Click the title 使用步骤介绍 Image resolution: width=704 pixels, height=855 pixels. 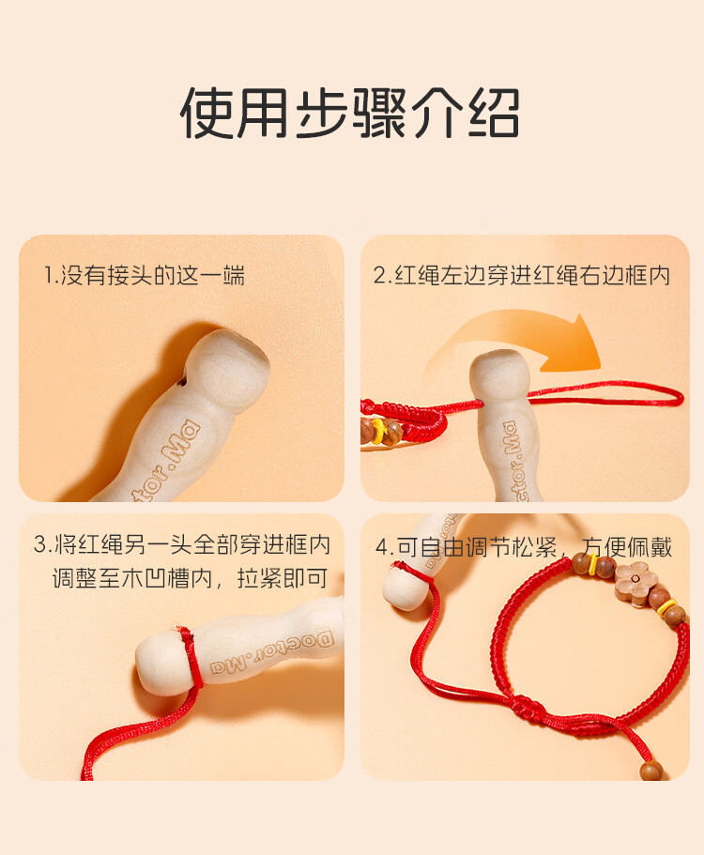point(349,113)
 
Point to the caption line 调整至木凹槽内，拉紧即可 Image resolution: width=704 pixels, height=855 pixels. point(191,577)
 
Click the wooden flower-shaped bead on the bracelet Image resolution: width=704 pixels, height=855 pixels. point(635,581)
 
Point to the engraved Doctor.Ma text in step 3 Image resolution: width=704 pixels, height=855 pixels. point(272,651)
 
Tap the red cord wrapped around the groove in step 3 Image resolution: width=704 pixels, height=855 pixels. point(190,656)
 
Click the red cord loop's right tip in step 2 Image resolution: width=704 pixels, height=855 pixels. point(681,397)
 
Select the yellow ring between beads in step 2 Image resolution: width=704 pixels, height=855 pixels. point(379,429)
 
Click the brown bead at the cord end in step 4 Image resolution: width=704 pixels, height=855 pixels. point(651,771)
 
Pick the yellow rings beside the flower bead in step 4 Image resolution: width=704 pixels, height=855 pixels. point(666,606)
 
